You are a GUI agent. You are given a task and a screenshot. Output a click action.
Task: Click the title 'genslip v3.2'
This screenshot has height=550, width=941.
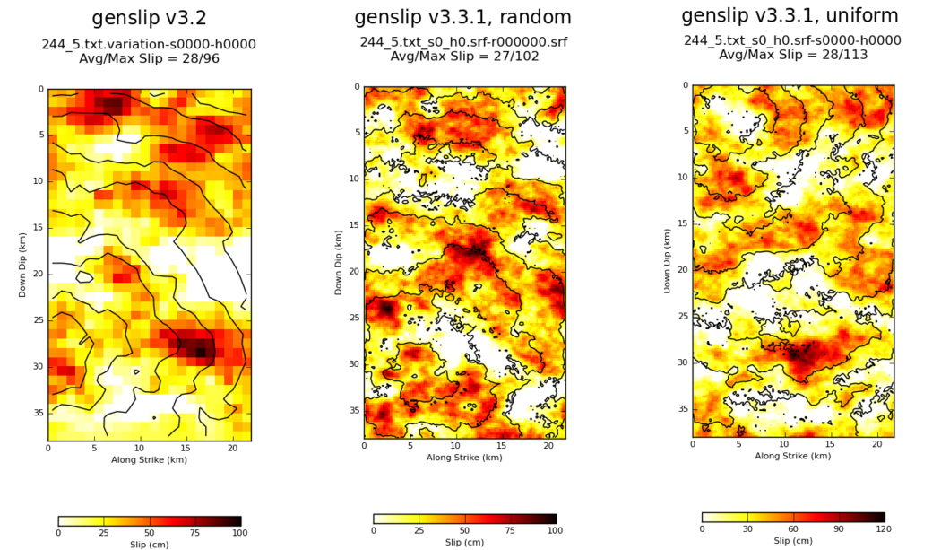click(149, 19)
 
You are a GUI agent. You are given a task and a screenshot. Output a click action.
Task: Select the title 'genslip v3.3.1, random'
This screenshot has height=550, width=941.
click(462, 17)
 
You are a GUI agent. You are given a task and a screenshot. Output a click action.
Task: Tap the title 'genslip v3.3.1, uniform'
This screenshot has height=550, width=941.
click(791, 15)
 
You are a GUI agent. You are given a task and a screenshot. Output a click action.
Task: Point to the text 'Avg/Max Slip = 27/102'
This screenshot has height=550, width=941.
click(462, 56)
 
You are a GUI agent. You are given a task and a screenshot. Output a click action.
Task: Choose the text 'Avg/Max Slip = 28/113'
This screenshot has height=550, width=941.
click(792, 54)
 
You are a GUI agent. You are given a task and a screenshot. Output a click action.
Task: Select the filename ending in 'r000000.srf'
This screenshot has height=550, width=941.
click(463, 42)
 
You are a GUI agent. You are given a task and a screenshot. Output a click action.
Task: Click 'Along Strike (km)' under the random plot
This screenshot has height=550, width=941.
click(464, 458)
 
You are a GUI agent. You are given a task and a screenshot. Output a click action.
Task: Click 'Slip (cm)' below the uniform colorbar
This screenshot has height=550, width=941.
click(793, 541)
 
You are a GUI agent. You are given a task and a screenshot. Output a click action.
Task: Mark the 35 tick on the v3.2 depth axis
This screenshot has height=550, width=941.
click(39, 412)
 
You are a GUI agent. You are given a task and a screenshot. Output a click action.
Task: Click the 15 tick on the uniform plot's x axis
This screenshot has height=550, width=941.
click(830, 444)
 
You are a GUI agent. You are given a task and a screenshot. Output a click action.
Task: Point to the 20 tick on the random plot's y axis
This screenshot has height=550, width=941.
click(355, 271)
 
